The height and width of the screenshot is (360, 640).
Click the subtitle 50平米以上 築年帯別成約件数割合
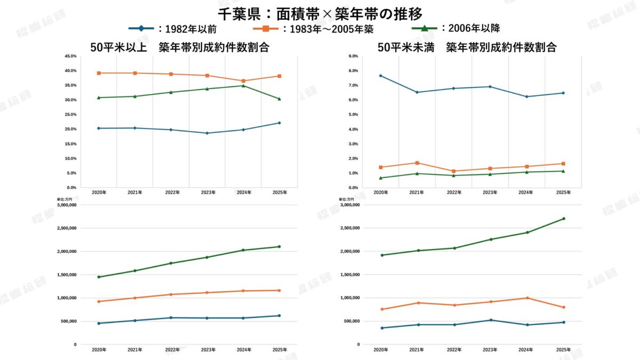coord(179,47)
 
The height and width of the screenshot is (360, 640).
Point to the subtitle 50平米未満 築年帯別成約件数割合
coord(467,47)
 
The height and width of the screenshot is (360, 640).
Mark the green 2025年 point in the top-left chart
coord(279,99)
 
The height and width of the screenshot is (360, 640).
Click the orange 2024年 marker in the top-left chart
coord(243,81)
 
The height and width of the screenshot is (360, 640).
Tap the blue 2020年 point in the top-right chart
coord(380,76)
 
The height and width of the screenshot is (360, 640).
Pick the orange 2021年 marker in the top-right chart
coord(417,163)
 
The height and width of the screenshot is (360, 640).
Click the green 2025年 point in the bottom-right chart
coord(563,219)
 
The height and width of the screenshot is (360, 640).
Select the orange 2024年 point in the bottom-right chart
coord(527,298)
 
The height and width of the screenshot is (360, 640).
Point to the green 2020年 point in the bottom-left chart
coord(98,277)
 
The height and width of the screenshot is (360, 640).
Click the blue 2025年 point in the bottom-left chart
coord(279,316)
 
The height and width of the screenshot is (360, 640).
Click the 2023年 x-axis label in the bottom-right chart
coord(490,350)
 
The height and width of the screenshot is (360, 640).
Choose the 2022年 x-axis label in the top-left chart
coord(172,193)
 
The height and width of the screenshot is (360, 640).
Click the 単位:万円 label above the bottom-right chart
coord(346,199)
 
